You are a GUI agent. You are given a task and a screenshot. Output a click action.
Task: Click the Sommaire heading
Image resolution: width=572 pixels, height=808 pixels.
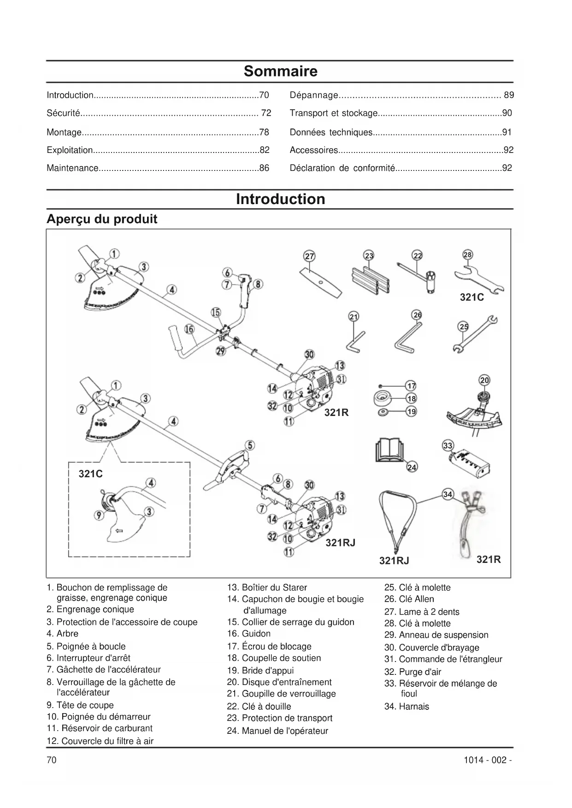point(280,71)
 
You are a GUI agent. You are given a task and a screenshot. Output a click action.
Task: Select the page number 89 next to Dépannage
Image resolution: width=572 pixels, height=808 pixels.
point(508,95)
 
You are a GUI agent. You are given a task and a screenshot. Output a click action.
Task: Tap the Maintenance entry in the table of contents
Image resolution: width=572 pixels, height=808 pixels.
point(73,168)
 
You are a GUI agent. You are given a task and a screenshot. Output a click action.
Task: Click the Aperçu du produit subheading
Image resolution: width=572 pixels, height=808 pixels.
point(102,219)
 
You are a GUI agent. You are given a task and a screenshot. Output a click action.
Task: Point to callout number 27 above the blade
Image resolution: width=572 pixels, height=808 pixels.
point(309,256)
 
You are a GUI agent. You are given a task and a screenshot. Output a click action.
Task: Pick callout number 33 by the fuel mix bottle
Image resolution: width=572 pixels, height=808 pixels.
point(448,445)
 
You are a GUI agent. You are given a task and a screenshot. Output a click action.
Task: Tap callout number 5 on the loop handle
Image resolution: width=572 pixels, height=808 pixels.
point(249,445)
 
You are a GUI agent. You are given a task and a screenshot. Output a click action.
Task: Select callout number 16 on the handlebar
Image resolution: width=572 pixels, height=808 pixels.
point(189,328)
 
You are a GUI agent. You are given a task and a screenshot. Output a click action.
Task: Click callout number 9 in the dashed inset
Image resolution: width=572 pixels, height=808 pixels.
point(99,515)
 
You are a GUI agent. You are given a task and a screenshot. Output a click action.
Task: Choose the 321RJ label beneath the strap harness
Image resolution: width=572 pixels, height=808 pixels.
point(394,560)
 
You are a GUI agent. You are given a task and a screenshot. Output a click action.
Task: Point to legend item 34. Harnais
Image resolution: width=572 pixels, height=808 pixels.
point(407,706)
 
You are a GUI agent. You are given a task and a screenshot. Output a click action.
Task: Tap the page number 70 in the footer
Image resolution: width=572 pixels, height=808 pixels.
point(52,760)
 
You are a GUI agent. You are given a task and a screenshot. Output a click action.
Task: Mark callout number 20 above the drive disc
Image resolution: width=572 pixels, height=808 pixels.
point(484,380)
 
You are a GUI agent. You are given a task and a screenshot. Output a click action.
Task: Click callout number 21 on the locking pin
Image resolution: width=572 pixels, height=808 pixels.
point(354,316)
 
